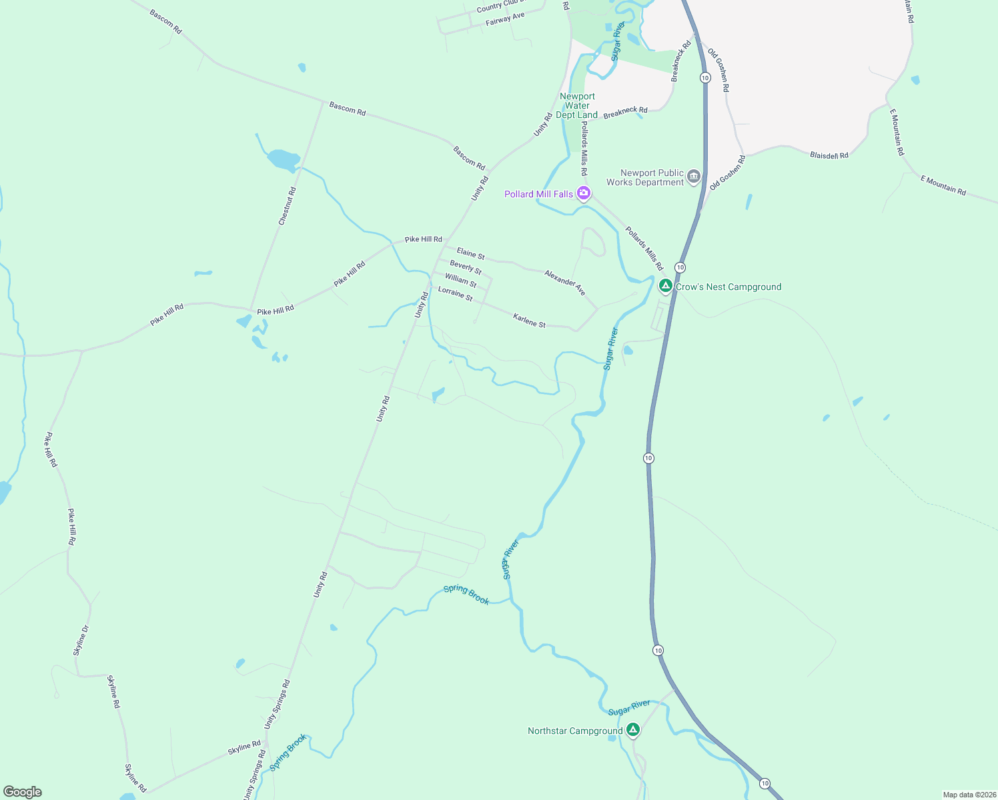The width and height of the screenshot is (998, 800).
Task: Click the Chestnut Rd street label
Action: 288,206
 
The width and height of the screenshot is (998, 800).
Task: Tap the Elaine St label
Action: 470,254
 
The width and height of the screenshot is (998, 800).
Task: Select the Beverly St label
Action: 466,267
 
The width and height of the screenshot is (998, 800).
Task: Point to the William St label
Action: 461,280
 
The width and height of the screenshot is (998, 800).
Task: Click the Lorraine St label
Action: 455,293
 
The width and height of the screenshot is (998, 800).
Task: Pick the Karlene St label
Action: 529,321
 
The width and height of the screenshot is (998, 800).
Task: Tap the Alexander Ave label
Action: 564,283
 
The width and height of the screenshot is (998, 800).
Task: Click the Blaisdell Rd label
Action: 829,155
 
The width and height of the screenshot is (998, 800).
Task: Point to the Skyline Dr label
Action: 81,640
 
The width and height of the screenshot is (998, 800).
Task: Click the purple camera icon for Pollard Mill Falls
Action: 584,193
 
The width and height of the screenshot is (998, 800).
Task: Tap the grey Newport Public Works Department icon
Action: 694,177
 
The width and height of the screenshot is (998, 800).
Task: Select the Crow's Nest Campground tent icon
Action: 665,286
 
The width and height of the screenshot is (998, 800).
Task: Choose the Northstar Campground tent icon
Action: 633,730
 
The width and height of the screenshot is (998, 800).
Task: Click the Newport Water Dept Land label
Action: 577,106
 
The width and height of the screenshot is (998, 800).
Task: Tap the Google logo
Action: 23,792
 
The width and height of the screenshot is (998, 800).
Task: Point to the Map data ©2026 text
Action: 969,795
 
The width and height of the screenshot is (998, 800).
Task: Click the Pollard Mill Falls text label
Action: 538,194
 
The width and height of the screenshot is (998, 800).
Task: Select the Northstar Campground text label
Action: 575,731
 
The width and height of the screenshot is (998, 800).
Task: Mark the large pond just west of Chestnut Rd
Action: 284,160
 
